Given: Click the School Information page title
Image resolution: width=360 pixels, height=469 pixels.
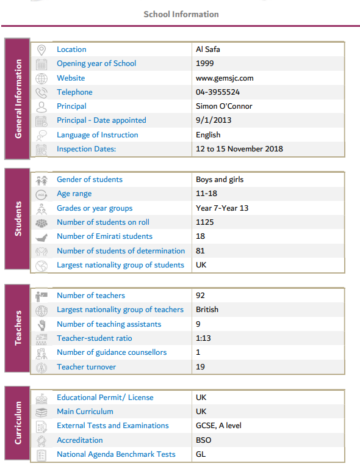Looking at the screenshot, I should click(x=181, y=14).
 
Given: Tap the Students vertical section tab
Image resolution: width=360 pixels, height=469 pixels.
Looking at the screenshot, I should click(x=18, y=219).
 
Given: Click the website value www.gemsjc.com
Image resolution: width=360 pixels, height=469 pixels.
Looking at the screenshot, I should click(x=225, y=78).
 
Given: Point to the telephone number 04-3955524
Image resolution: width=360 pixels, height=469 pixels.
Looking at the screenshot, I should click(x=218, y=92).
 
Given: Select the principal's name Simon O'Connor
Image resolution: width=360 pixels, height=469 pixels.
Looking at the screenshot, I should click(x=224, y=106).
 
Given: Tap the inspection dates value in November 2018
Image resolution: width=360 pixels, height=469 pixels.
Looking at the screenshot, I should click(x=239, y=149).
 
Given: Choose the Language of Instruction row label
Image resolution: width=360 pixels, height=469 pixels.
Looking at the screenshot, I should click(x=98, y=135).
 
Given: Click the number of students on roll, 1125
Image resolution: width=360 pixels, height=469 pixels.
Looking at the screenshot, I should click(x=204, y=222).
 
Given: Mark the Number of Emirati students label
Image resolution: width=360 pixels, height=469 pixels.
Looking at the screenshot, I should click(x=104, y=236).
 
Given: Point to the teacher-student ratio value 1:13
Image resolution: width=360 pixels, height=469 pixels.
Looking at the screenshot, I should click(x=204, y=338).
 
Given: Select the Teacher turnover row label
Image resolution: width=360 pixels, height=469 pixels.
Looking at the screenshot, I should click(x=86, y=367).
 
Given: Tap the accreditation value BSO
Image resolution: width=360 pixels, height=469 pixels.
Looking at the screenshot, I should click(x=203, y=440).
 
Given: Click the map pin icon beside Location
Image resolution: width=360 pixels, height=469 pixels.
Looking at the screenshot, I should click(x=41, y=49).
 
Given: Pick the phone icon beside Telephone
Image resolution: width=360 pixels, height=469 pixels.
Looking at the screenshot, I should click(x=41, y=92).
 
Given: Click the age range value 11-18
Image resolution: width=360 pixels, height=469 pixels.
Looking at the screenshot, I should click(x=204, y=194).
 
